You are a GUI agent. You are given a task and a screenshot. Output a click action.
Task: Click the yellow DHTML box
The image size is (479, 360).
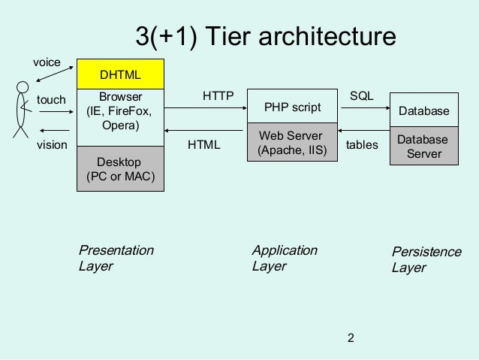coord(121,75)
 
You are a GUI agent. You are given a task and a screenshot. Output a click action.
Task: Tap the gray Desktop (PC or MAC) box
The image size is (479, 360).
coord(121,169)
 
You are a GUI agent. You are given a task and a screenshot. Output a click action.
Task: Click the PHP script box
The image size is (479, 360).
coord(292,107)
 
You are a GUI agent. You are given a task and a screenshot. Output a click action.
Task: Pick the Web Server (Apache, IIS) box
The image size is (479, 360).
coord(292,143)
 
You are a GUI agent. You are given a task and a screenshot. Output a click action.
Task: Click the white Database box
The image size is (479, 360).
coord(423,111)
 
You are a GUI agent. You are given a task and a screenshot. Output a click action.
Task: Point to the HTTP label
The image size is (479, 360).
coord(218,96)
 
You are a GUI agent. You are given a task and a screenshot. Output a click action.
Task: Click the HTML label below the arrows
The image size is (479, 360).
coord(203,144)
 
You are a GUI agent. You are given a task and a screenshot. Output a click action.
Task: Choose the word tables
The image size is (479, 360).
coord(362,144)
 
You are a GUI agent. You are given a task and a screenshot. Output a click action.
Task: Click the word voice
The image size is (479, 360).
coord(46,62)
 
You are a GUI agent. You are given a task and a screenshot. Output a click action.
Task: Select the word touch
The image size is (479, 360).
coord(51,99)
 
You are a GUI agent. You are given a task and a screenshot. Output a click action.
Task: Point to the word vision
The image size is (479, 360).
coord(52,144)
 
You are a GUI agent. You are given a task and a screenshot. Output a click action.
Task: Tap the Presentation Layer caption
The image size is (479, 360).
coord(116,258)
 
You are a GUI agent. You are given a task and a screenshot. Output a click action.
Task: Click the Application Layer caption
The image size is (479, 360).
coord(285,258)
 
